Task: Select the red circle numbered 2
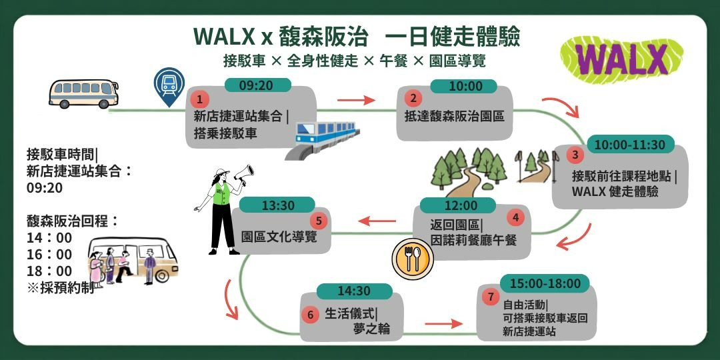tap(413, 98)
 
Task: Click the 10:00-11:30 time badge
tap(629, 145)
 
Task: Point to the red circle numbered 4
tap(515, 217)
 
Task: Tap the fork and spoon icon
tap(413, 259)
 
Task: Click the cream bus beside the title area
tap(83, 94)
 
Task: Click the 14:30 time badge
tap(354, 291)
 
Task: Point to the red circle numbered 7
tap(491, 297)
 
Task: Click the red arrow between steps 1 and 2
tap(356, 100)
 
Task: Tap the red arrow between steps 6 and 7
tap(443, 324)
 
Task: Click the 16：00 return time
tap(49, 255)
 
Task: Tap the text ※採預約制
tap(61, 288)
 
